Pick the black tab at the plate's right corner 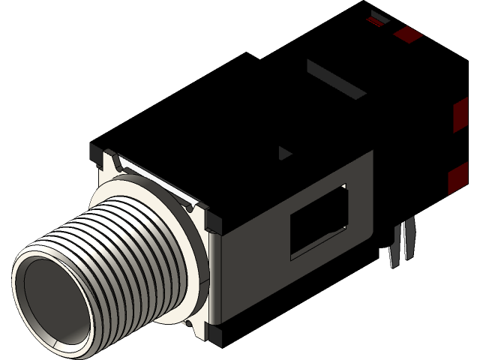click(212, 222)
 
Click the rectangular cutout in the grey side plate click(319, 221)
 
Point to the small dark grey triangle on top click(284, 154)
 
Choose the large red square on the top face click(408, 34)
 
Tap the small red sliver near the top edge click(375, 22)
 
